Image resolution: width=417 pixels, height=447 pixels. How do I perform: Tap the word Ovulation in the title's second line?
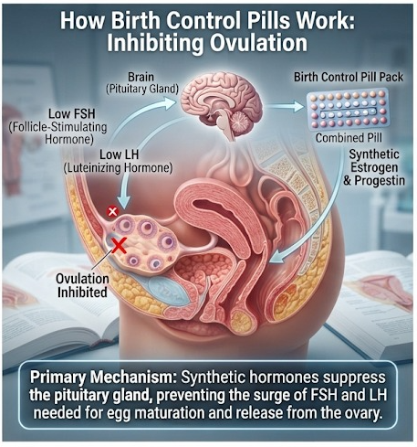pos(258,43)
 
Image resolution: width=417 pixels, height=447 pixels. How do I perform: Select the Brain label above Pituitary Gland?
pos(141,77)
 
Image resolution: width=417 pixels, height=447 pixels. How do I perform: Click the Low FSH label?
pos(72,114)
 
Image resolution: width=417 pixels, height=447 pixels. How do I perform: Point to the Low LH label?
pos(119,154)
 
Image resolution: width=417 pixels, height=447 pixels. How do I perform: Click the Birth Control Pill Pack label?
pos(349,77)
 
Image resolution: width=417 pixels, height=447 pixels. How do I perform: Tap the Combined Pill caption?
pos(349,138)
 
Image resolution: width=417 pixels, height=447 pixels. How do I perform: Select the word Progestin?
pos(380,181)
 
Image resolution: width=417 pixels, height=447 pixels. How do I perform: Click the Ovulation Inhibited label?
pos(82,285)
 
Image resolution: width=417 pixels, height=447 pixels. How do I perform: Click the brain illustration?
pos(222,102)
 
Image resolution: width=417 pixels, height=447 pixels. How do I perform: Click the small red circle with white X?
pos(112,211)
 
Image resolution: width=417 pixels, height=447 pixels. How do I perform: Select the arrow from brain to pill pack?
pos(284,106)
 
